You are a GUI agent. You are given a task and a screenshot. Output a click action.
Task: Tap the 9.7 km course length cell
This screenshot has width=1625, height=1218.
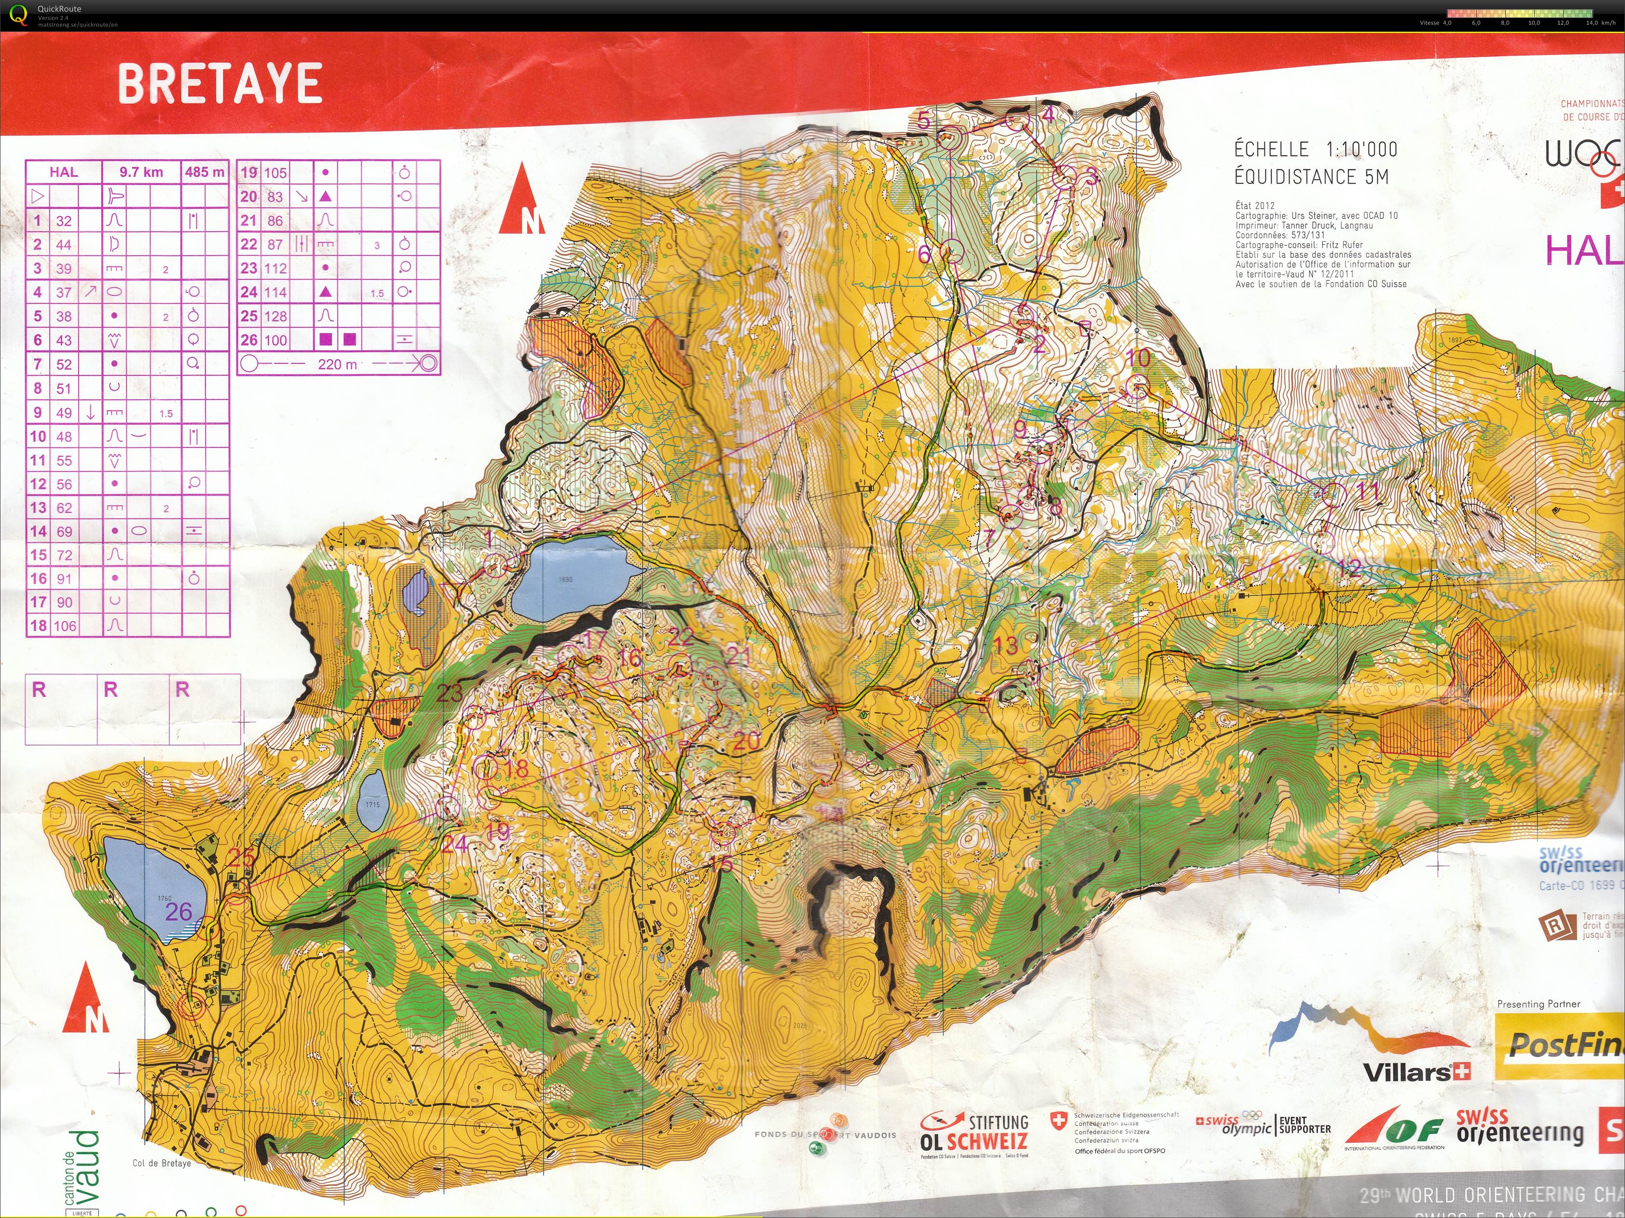tap(141, 172)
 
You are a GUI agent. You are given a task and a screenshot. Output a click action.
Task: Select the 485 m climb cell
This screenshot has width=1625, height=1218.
tap(205, 172)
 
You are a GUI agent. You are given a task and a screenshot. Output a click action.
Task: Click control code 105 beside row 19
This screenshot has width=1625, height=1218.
tap(276, 173)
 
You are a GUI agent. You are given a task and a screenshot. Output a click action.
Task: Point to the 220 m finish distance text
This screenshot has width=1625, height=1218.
tap(337, 364)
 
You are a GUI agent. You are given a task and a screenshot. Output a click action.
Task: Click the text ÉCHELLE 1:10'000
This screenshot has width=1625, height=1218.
tap(1315, 149)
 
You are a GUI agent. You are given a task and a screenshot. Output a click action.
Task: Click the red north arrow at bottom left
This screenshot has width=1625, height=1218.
tap(86, 998)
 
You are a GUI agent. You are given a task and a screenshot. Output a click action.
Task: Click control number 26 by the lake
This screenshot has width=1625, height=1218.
tap(179, 912)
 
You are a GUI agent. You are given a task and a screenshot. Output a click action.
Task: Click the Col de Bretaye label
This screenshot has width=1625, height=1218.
tap(162, 1163)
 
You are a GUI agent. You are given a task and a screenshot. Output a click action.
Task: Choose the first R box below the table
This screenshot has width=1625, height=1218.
tap(61, 708)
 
